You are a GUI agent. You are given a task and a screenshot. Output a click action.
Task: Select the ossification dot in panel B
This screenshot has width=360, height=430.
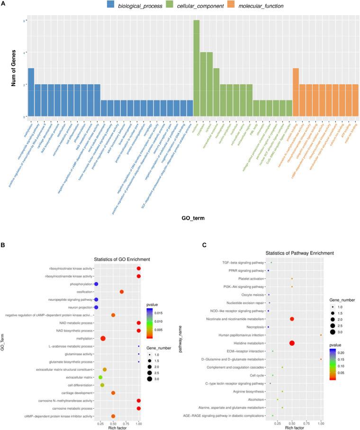(x=122, y=292)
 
